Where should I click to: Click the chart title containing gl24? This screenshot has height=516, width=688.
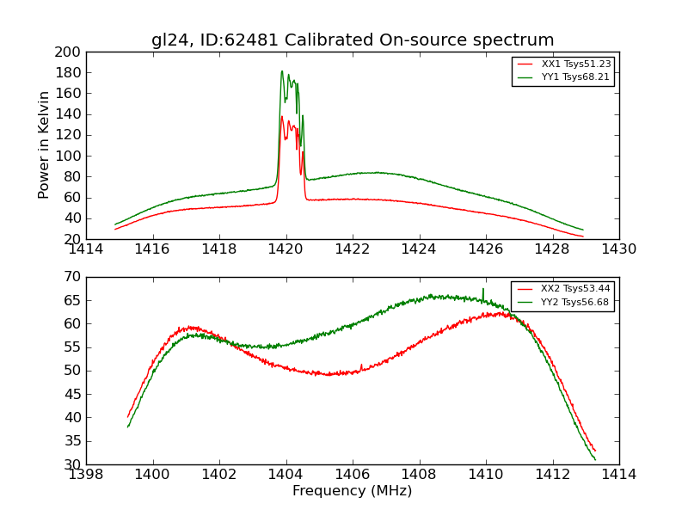point(353,40)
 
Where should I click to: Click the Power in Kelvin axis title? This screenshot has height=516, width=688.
point(44,145)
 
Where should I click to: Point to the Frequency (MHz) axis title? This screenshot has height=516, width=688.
point(353,491)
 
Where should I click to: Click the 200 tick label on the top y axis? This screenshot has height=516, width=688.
point(68,52)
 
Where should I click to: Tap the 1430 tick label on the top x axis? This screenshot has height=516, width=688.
point(618,249)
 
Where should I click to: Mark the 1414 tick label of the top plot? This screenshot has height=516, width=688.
point(87,249)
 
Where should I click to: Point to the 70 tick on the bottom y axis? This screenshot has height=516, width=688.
point(72,277)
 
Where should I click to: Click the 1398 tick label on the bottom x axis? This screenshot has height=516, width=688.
point(87,474)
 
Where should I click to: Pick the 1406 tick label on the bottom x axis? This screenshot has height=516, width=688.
point(353,474)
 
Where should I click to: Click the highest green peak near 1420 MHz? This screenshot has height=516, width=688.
point(281,71)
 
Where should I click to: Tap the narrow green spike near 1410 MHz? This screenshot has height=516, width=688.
point(482,289)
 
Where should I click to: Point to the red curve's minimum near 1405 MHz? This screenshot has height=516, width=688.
point(329,374)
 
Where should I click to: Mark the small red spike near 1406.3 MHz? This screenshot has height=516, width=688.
point(361,365)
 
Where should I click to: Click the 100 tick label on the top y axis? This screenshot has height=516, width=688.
point(68,157)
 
